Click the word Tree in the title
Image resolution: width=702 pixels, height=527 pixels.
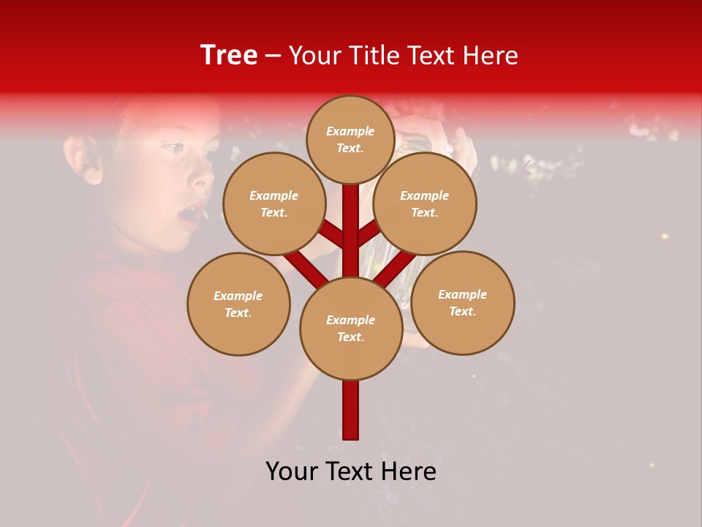pyautogui.click(x=229, y=55)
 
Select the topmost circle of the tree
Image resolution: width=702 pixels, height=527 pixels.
pyautogui.click(x=350, y=139)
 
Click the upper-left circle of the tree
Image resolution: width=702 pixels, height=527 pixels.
pyautogui.click(x=274, y=203)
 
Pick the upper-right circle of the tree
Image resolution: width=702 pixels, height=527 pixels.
pyautogui.click(x=425, y=203)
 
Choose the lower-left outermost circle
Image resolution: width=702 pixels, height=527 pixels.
pyautogui.click(x=238, y=304)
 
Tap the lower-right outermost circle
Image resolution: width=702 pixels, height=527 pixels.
pyautogui.click(x=463, y=302)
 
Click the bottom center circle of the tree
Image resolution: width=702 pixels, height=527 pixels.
pyautogui.click(x=351, y=329)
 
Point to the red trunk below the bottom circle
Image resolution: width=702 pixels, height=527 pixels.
pyautogui.click(x=351, y=410)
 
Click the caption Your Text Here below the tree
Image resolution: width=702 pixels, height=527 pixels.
pyautogui.click(x=351, y=471)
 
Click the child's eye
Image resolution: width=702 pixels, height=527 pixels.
pyautogui.click(x=173, y=149)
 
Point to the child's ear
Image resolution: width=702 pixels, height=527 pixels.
pyautogui.click(x=83, y=159)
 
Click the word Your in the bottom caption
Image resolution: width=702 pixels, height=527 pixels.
pyautogui.click(x=292, y=471)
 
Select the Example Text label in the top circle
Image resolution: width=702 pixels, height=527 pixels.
pyautogui.click(x=350, y=139)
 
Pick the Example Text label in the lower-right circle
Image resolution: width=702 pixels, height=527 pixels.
pyautogui.click(x=463, y=302)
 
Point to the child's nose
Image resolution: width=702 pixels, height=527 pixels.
pyautogui.click(x=203, y=176)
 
